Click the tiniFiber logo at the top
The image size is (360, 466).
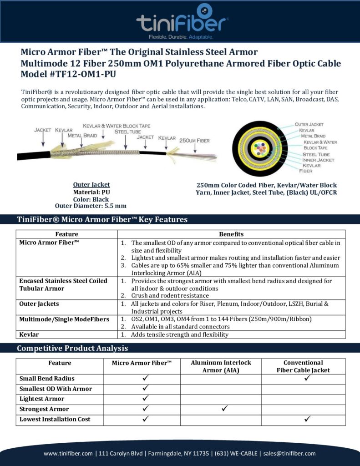click(x=182, y=21)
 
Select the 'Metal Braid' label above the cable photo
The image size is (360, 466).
click(x=82, y=136)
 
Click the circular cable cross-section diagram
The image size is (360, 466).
click(x=259, y=147)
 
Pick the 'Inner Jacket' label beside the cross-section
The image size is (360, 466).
click(x=318, y=160)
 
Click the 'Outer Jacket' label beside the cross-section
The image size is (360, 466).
click(x=309, y=124)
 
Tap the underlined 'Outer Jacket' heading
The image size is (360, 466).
click(x=91, y=185)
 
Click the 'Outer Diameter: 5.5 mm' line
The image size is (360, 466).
click(x=91, y=205)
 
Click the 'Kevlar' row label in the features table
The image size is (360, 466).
click(x=30, y=334)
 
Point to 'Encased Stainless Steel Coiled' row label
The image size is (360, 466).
click(x=63, y=281)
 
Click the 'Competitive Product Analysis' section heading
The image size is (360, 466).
click(x=72, y=349)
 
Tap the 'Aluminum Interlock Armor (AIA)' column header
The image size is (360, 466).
click(x=221, y=366)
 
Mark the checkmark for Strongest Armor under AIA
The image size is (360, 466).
click(x=224, y=409)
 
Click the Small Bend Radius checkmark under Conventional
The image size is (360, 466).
click(x=307, y=378)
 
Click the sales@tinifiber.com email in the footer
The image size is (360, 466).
click(x=289, y=453)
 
